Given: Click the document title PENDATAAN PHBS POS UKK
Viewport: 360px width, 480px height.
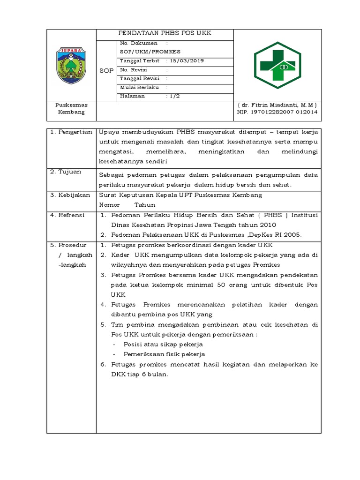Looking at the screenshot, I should coord(165,33).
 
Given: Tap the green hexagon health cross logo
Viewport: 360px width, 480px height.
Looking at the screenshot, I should coord(277,65).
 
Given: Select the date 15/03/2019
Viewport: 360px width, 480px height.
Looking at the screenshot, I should coord(187,61).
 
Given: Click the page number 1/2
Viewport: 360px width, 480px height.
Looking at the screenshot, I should coord(174,96).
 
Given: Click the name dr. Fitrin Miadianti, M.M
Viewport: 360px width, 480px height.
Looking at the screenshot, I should coord(277,105).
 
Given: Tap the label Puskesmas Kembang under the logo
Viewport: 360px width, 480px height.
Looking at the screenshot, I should coord(71,109).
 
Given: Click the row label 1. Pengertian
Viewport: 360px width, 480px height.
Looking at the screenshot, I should coord(71,132).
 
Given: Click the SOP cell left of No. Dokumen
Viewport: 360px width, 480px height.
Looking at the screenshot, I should coord(106,70).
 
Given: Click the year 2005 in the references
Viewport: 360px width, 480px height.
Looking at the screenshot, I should coord(292,235).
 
